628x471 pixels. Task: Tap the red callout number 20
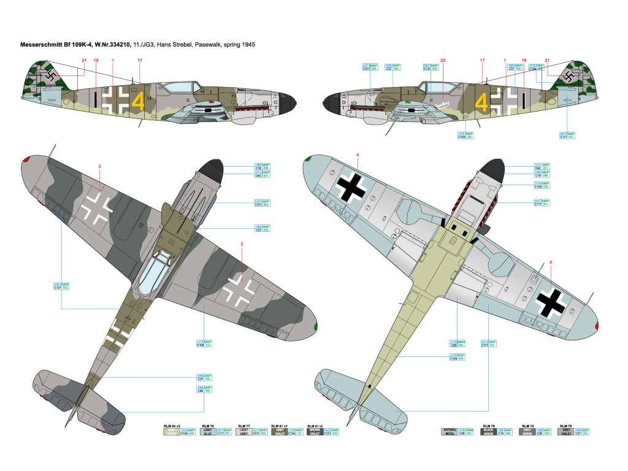pos(443,60)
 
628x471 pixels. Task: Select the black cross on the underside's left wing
pos(351,186)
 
